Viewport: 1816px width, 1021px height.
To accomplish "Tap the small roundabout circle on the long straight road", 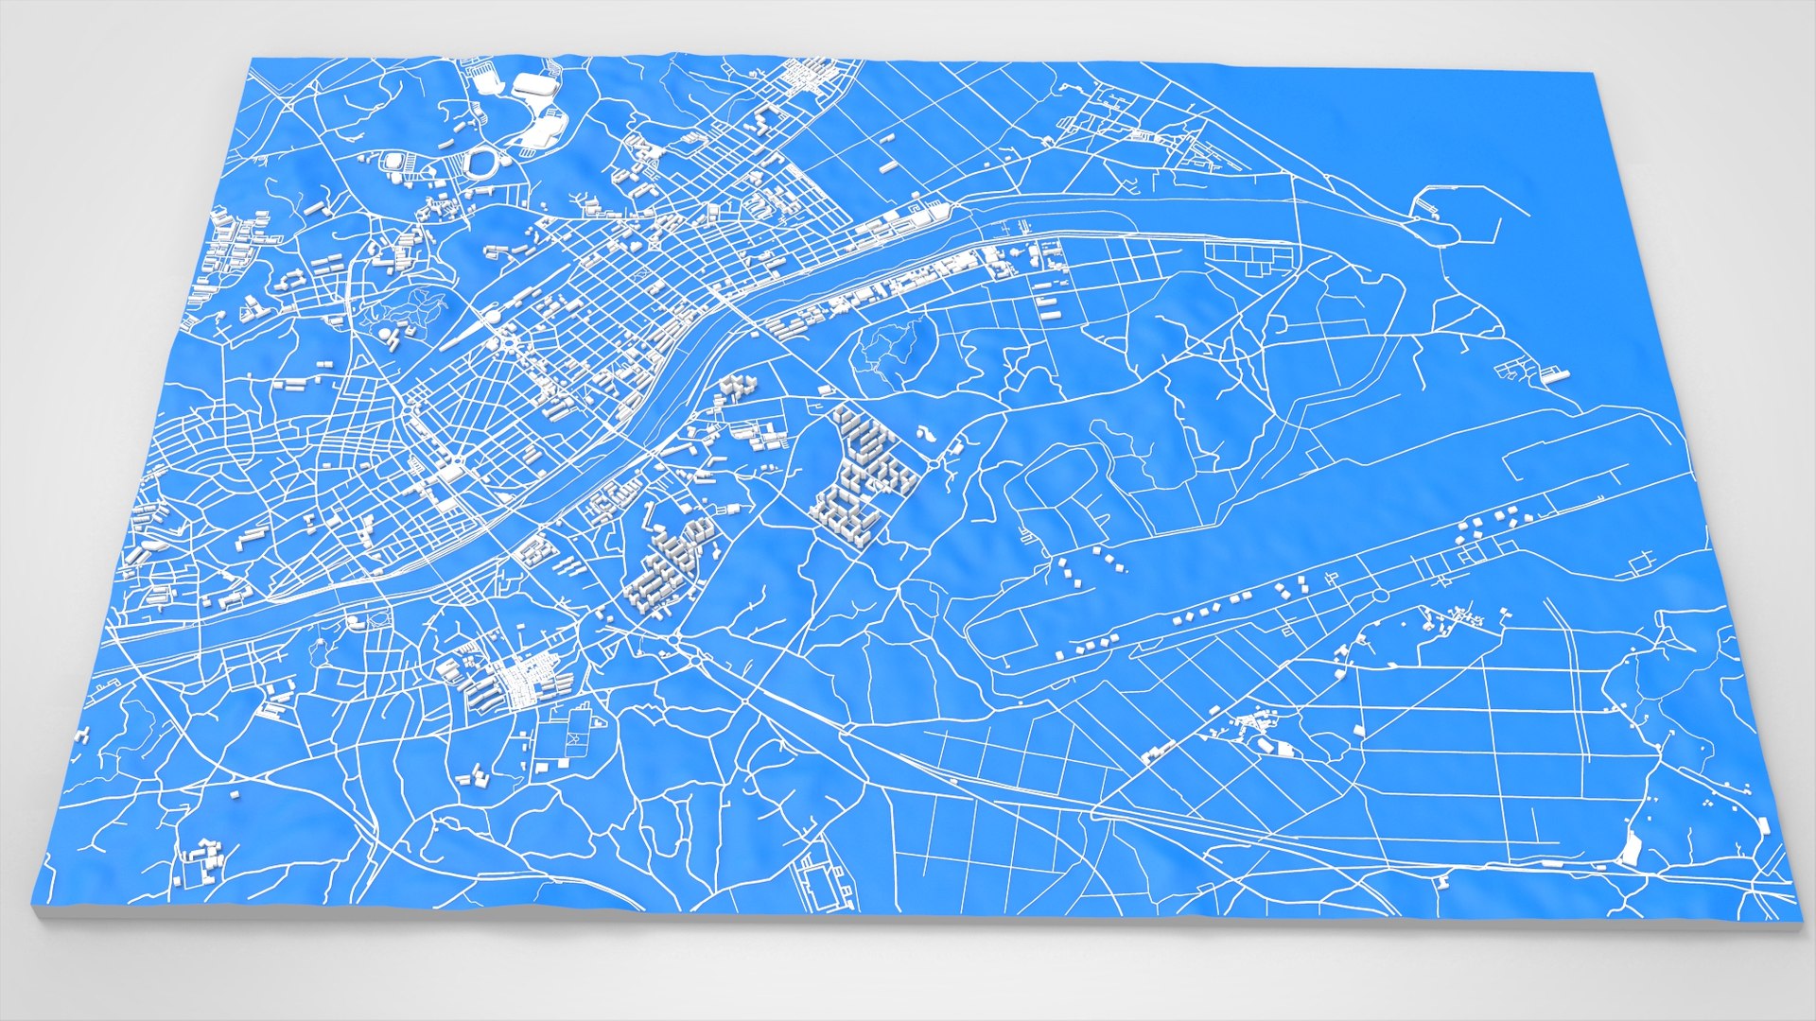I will coord(1379,596).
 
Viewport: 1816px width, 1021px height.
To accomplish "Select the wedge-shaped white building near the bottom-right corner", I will coord(1630,848).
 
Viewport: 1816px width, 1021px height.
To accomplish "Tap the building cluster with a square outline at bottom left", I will coord(201,862).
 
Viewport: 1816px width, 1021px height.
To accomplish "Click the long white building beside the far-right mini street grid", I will coord(1556,375).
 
